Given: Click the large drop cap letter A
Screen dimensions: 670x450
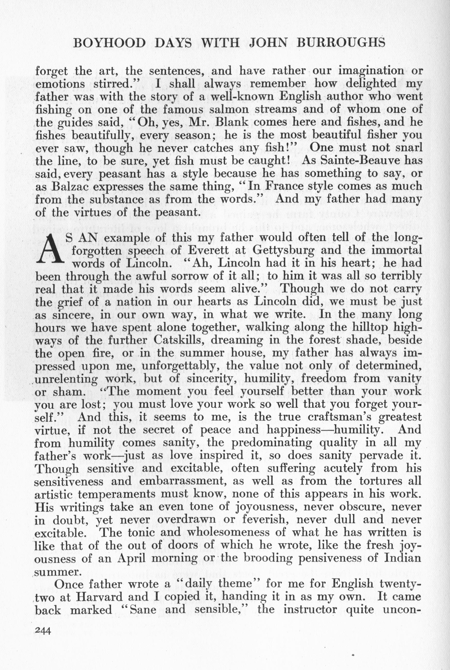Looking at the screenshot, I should (50, 249).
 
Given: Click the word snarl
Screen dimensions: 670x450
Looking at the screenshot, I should (408, 148).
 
